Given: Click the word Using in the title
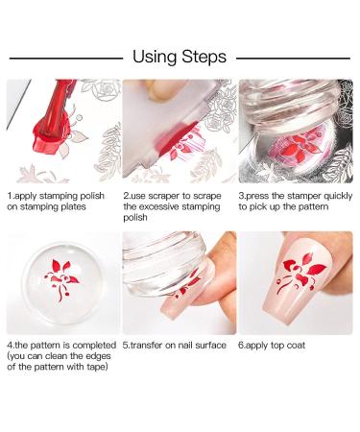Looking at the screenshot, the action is (x=155, y=58).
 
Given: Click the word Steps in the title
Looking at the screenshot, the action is (x=204, y=58).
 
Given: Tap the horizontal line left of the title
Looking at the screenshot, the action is (x=66, y=59).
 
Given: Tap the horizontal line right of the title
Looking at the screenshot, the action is (x=293, y=59).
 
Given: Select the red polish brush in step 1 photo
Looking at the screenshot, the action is (x=53, y=122).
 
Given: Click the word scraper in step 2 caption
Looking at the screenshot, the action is (x=168, y=196).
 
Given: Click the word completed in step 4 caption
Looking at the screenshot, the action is (x=94, y=346).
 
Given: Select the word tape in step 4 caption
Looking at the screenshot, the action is (x=95, y=367).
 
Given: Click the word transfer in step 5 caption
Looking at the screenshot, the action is (x=146, y=346).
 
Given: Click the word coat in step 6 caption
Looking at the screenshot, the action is (x=296, y=346).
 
